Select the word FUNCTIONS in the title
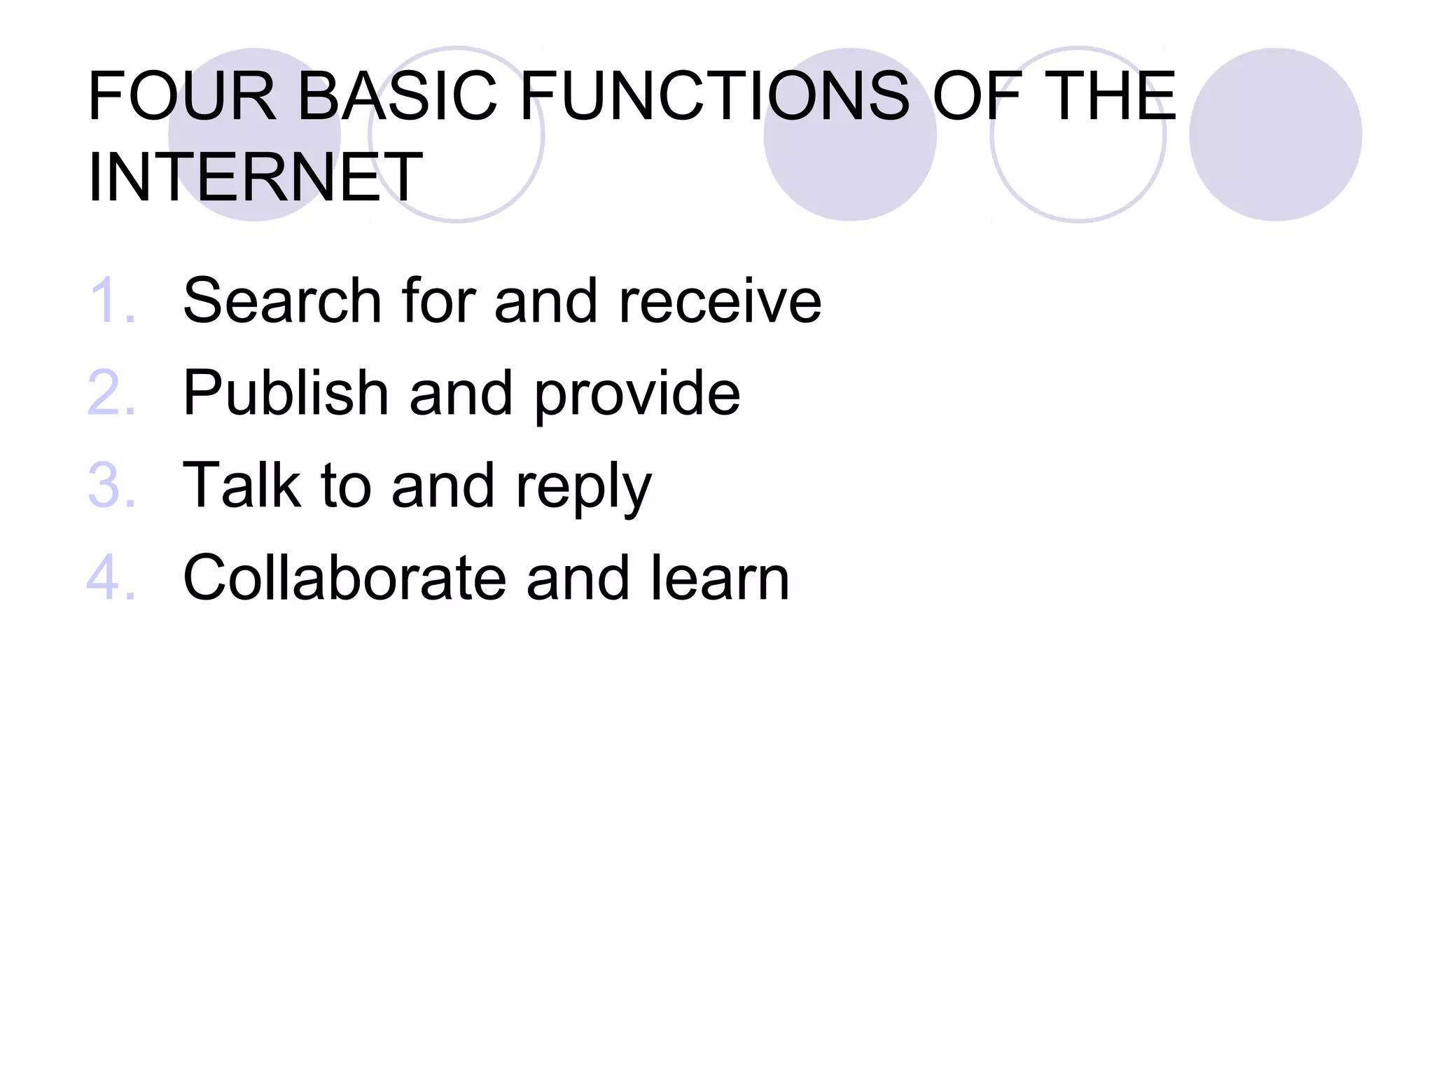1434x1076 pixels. [714, 96]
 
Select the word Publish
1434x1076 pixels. [286, 393]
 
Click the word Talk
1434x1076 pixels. [242, 485]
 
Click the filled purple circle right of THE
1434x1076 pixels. [1275, 134]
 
